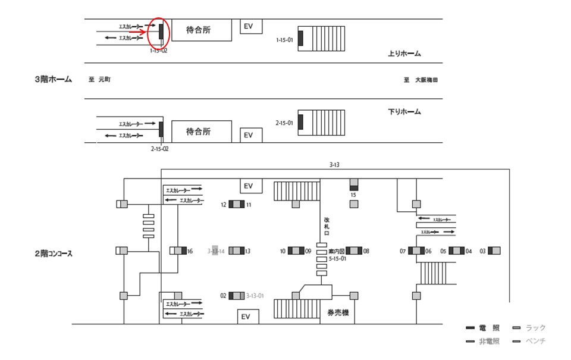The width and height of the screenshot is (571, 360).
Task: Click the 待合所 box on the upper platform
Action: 199,30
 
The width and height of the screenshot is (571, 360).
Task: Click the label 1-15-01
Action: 285,40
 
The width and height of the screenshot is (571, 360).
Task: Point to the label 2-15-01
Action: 285,123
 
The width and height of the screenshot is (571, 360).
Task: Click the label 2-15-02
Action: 159,149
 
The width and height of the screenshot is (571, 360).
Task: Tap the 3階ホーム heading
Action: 54,79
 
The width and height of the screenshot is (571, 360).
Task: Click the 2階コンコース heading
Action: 54,253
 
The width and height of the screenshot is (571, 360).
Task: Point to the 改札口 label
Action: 327,226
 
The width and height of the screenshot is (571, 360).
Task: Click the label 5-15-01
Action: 337,259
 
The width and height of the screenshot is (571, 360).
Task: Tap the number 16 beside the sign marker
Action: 190,251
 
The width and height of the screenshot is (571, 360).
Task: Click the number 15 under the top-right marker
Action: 353,195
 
